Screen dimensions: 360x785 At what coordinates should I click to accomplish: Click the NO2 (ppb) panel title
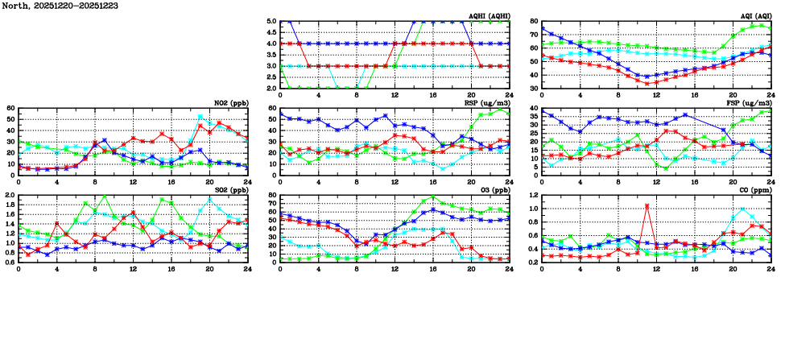pyautogui.click(x=229, y=103)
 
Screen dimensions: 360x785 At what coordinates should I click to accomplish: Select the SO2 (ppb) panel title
pyautogui.click(x=229, y=190)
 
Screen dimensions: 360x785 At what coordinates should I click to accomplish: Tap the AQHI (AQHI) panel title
pyautogui.click(x=488, y=16)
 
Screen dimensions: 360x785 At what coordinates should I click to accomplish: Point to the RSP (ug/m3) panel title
pyautogui.click(x=489, y=103)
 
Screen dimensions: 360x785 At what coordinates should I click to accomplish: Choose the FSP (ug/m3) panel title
pyautogui.click(x=751, y=103)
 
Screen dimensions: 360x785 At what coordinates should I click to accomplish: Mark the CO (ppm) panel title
pyautogui.click(x=755, y=190)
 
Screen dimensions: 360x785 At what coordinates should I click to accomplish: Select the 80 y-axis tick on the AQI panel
pyautogui.click(x=535, y=22)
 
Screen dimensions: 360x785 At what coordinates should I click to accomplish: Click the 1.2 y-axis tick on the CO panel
pyautogui.click(x=533, y=196)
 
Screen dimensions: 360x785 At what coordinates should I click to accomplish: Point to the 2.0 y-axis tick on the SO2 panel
pyautogui.click(x=10, y=196)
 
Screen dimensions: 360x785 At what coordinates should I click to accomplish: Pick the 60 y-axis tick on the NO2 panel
pyautogui.click(x=11, y=109)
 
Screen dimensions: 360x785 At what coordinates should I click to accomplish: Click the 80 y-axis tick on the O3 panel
pyautogui.click(x=272, y=196)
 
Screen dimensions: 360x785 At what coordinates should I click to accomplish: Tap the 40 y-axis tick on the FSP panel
pyautogui.click(x=535, y=109)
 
